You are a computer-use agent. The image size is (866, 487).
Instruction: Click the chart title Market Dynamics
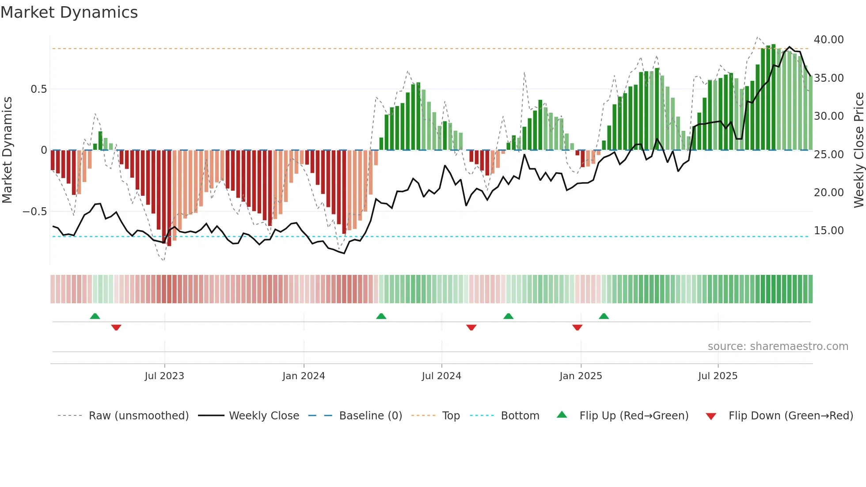click(69, 12)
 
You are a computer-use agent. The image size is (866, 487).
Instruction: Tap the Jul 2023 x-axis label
click(164, 376)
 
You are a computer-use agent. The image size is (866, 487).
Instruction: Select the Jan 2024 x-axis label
click(304, 376)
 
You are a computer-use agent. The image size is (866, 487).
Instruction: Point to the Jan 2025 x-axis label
click(581, 376)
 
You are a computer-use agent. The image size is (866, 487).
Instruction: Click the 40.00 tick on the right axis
click(828, 40)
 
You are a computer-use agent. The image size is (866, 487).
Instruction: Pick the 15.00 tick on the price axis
click(828, 231)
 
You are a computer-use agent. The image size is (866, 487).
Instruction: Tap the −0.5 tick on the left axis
click(34, 212)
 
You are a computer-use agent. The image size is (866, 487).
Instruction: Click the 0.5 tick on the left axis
click(38, 89)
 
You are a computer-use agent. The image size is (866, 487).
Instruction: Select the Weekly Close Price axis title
click(858, 150)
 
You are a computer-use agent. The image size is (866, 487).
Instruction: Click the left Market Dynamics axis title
click(7, 150)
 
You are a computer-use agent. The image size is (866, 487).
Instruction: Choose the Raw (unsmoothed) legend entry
click(138, 416)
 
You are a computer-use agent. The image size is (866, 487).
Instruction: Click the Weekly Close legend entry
click(264, 416)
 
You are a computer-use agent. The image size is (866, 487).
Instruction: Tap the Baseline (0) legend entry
click(370, 416)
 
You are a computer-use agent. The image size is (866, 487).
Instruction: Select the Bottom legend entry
click(520, 416)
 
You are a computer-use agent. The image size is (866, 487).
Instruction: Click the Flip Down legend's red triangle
click(710, 416)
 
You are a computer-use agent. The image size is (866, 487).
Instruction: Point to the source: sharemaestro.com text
click(778, 346)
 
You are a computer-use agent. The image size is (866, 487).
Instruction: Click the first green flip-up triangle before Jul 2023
click(95, 316)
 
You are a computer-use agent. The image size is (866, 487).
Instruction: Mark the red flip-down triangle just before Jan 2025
click(577, 327)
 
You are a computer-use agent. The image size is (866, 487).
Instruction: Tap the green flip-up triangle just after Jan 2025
click(604, 316)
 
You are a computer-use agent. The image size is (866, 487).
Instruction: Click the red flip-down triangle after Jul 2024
click(471, 327)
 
